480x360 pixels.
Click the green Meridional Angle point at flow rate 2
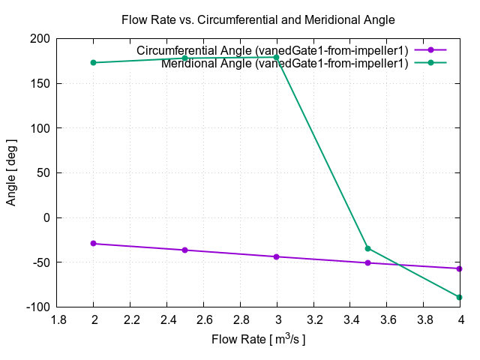coord(94,62)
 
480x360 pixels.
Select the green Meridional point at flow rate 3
coord(277,58)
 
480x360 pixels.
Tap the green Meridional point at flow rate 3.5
coord(368,248)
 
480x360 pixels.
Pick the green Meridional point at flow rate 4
coord(460,297)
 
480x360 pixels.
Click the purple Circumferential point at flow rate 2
coord(94,244)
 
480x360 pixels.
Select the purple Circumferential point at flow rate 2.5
coord(185,250)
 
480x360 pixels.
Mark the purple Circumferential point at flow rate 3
coord(277,256)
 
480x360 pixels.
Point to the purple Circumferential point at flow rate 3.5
coord(368,262)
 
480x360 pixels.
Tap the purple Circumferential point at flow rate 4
coord(460,268)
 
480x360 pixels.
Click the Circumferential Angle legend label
coord(272,50)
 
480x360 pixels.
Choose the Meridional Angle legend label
coord(284,63)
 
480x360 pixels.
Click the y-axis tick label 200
coord(40,38)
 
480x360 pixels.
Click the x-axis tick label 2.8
coord(240,319)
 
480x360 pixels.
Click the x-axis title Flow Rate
coord(259,340)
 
